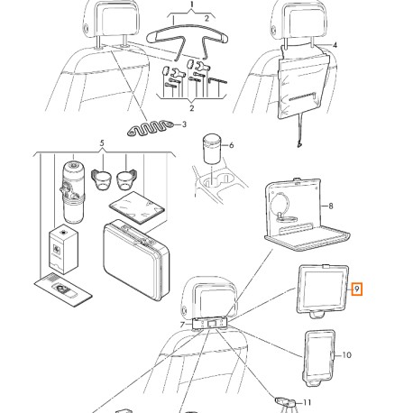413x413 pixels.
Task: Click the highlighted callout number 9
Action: [358, 289]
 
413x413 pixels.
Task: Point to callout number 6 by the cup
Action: [230, 145]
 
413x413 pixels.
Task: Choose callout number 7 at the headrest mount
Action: [183, 322]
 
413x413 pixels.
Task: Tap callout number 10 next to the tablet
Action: [348, 355]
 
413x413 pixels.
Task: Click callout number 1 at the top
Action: [189, 5]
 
